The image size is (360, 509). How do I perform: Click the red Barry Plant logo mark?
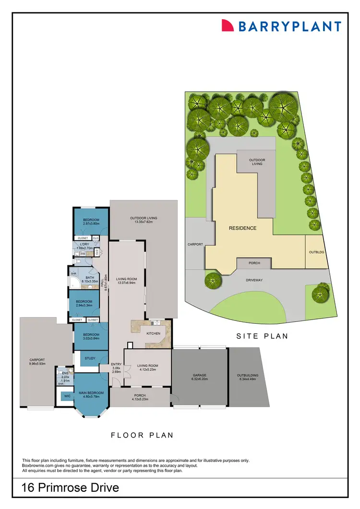227,26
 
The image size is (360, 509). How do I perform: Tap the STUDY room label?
90,358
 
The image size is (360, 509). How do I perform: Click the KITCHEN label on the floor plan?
153,333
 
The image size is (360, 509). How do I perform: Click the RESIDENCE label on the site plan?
242,228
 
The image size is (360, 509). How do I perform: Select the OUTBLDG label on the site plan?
314,252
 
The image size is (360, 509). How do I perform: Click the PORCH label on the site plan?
254,263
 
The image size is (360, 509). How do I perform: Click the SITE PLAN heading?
262,336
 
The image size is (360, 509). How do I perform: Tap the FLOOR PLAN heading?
142,436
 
